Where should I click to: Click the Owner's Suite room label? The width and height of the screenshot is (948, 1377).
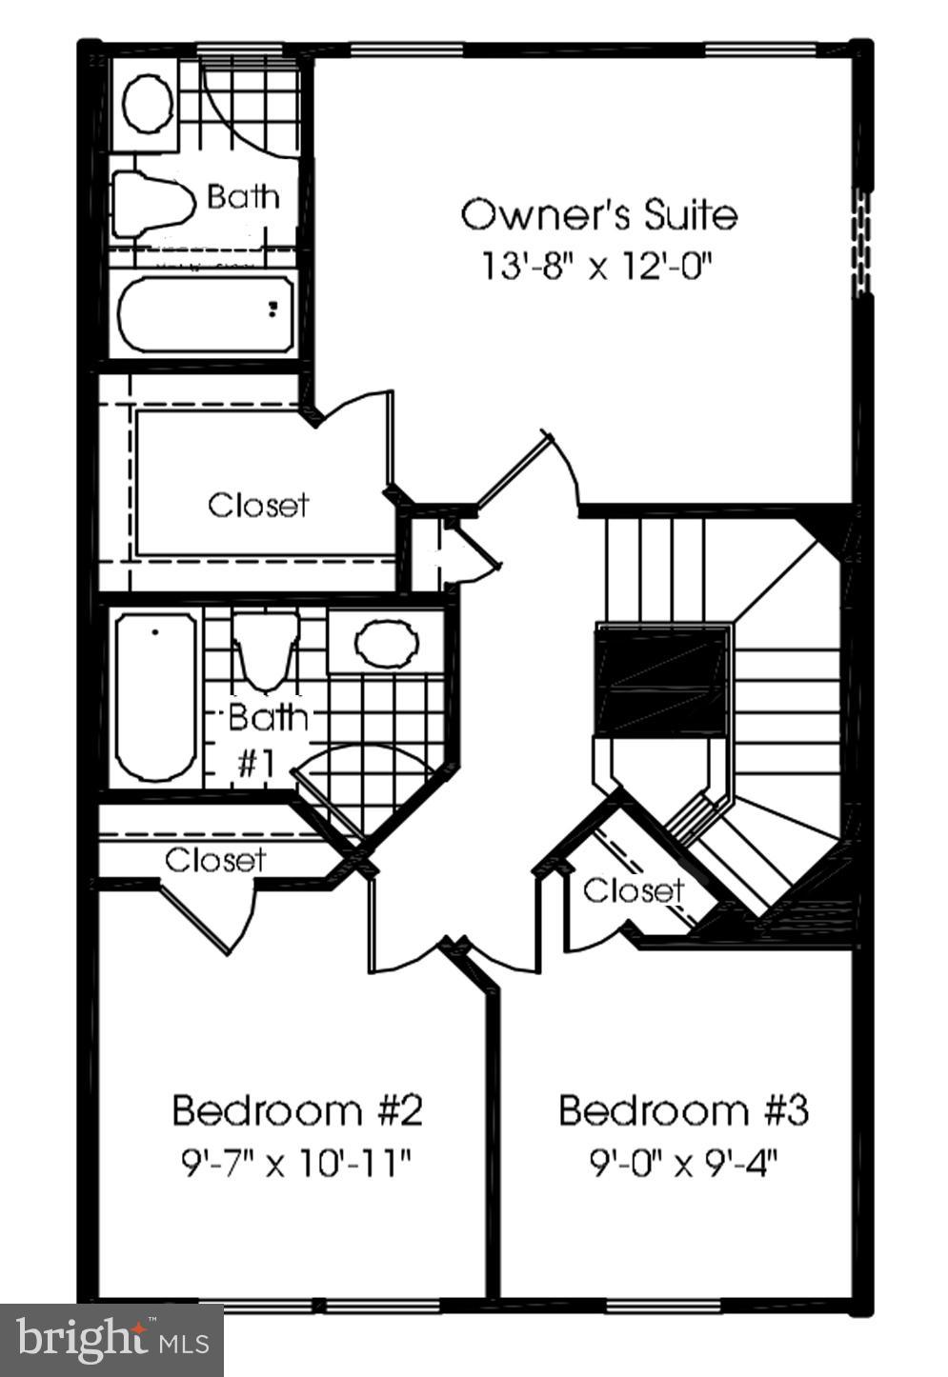click(x=598, y=214)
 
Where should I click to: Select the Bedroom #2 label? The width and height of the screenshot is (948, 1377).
click(x=296, y=1110)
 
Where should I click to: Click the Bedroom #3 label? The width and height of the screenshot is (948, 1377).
click(x=683, y=1110)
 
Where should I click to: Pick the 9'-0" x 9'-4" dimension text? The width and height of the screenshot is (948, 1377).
click(x=683, y=1163)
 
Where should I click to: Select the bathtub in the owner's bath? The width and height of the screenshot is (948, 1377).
click(x=204, y=312)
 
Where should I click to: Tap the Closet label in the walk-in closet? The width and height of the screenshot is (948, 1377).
click(x=258, y=504)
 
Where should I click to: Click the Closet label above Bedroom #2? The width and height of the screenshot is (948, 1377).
click(x=215, y=860)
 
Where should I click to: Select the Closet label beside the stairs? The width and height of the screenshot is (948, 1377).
click(x=633, y=890)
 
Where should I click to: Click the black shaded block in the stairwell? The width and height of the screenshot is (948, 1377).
click(x=660, y=679)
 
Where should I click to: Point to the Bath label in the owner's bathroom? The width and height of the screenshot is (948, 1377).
click(x=244, y=197)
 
